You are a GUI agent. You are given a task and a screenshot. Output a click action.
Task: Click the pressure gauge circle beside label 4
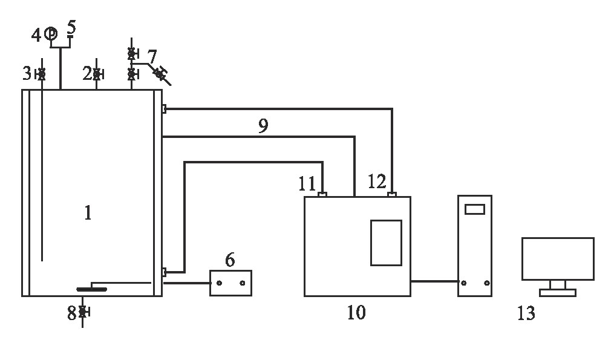tap(51, 34)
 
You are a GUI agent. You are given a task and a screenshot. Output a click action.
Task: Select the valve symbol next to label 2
tap(97, 74)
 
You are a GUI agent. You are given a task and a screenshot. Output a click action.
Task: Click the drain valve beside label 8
tap(83, 312)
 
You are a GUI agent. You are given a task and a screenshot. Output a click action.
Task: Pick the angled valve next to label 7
tap(160, 74)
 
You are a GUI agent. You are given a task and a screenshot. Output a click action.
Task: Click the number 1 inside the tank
tap(88, 213)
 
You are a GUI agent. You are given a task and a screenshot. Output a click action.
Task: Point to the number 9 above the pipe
tap(263, 126)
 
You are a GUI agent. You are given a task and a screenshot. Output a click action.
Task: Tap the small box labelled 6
tap(230, 283)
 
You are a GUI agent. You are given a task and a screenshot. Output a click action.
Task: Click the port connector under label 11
tap(322, 194)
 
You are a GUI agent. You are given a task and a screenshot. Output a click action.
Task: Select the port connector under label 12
tap(392, 194)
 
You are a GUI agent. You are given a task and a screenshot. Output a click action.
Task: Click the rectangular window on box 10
tap(386, 243)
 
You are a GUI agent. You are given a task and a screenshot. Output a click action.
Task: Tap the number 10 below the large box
tap(356, 313)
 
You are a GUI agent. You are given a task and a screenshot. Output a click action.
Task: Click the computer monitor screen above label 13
tap(558, 258)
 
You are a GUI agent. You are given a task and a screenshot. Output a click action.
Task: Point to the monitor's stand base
tap(557, 293)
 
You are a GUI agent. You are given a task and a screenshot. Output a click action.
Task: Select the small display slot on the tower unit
tap(475, 209)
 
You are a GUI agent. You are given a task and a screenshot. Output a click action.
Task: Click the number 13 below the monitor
tap(526, 313)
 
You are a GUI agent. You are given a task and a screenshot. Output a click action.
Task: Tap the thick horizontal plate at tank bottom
tap(92, 289)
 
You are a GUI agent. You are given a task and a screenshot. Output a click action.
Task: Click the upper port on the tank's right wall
tap(163, 109)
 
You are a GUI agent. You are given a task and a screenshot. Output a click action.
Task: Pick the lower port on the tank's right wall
tap(163, 273)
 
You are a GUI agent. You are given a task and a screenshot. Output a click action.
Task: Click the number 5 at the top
tap(71, 27)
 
